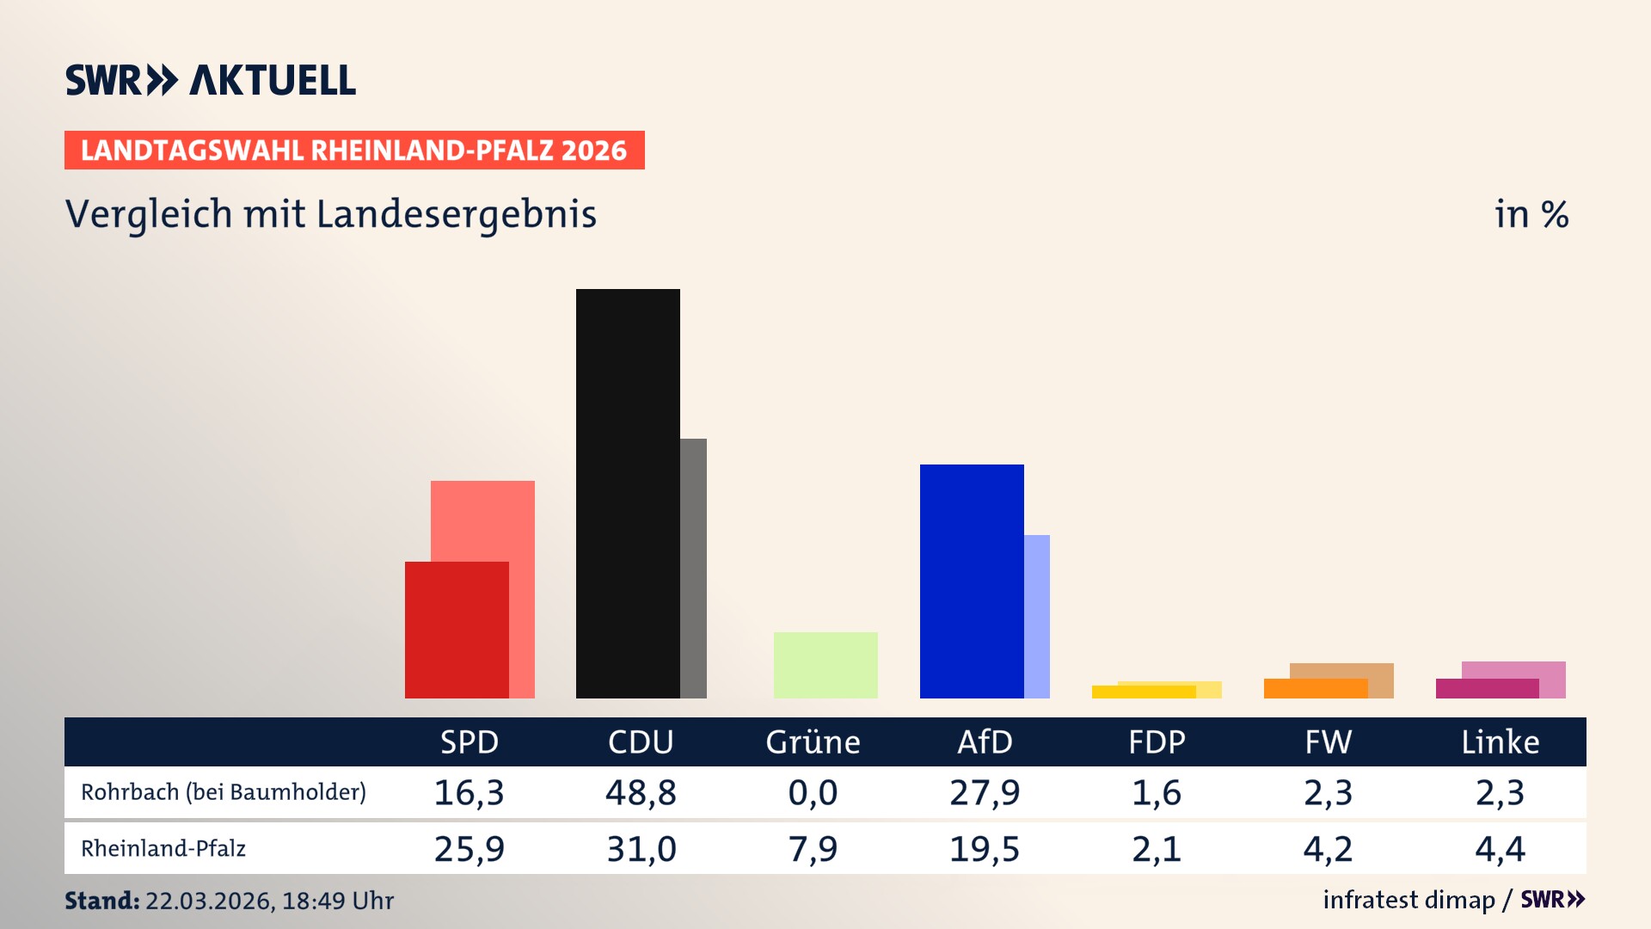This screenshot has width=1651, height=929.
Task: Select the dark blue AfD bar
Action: tap(972, 581)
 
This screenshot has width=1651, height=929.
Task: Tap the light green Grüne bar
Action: tap(825, 665)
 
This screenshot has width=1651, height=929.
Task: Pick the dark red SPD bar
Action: tap(457, 630)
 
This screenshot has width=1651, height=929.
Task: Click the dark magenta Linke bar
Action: tap(1487, 689)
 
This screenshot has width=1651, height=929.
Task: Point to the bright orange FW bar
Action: tap(1315, 689)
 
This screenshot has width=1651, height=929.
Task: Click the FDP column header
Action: tap(1157, 742)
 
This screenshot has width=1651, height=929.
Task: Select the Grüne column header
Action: tap(813, 742)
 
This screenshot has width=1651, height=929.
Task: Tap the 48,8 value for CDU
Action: tap(641, 792)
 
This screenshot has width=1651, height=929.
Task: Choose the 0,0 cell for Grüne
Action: tap(813, 792)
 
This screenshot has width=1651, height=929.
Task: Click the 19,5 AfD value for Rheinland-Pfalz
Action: tap(985, 849)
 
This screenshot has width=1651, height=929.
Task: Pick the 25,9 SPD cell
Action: tap(469, 849)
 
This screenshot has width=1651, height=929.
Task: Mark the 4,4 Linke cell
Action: tap(1501, 849)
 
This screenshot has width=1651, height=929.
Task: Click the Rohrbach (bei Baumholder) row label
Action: tap(224, 792)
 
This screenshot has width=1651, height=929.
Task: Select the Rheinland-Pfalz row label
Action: tap(163, 849)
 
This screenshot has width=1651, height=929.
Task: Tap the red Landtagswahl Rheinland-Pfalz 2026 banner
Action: tap(354, 151)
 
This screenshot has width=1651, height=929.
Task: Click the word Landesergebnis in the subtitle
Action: tap(457, 214)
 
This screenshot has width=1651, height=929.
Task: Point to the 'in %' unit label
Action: tap(1531, 214)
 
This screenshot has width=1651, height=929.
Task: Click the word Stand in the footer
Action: tap(101, 901)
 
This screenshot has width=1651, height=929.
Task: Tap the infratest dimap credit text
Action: tap(1409, 900)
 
